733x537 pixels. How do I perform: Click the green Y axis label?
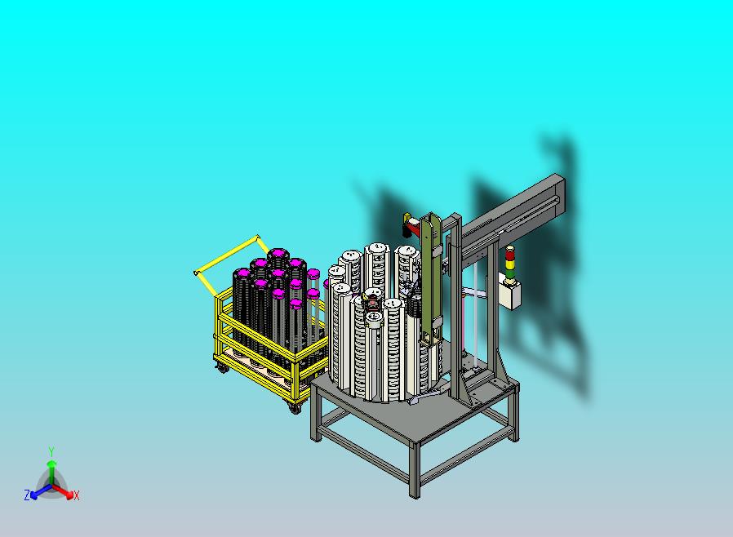tap(51, 450)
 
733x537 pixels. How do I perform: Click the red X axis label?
tap(77, 495)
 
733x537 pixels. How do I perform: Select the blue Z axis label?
tap(27, 495)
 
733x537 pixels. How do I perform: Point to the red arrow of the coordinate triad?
tap(65, 491)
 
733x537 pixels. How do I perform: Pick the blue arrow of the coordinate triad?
tap(38, 491)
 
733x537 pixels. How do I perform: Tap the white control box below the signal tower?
tap(510, 293)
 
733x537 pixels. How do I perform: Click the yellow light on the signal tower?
tap(511, 260)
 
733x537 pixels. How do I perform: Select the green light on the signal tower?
tap(511, 268)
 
